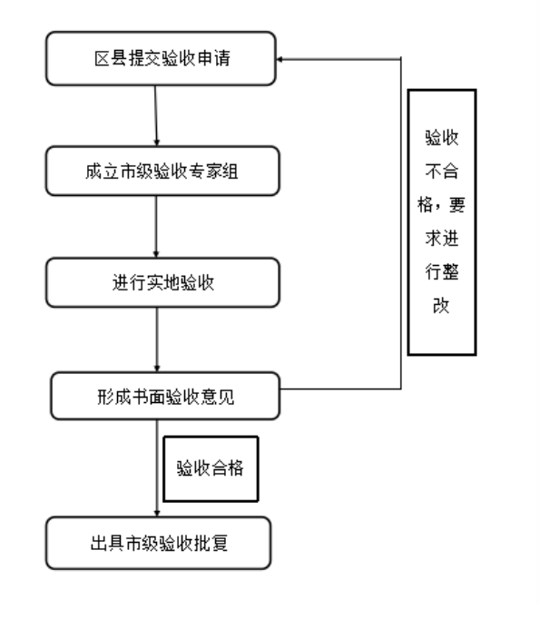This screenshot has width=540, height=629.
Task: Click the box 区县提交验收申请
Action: (x=161, y=59)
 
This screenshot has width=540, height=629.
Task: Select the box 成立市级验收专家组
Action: (x=162, y=171)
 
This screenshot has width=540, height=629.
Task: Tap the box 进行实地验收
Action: (x=162, y=283)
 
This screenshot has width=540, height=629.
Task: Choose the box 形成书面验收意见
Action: (x=165, y=397)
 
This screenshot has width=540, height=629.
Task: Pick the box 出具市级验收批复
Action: (x=159, y=543)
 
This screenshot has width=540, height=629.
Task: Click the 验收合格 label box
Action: (x=211, y=468)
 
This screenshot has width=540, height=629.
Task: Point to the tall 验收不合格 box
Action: (x=442, y=222)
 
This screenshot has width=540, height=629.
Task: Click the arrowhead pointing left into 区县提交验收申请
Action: (x=280, y=59)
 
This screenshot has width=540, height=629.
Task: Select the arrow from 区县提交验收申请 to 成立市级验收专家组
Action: (x=156, y=116)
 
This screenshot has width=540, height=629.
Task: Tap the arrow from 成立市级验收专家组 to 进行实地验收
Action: (x=156, y=227)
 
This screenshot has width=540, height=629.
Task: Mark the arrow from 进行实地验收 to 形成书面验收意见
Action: (x=157, y=339)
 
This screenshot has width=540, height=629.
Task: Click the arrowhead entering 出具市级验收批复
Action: (x=157, y=513)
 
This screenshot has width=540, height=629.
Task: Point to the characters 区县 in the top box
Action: (x=111, y=59)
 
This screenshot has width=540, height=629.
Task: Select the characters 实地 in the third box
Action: (x=162, y=283)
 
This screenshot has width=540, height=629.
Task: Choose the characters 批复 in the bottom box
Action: (x=211, y=543)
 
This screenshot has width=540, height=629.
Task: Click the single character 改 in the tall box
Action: (x=441, y=306)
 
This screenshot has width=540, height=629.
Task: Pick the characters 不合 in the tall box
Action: (x=442, y=172)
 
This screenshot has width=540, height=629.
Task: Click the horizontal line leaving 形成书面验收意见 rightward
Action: (x=340, y=388)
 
